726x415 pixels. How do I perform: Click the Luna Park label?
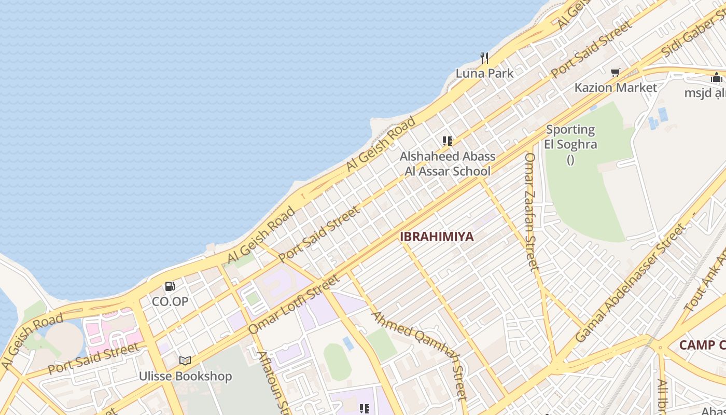[x=484, y=73]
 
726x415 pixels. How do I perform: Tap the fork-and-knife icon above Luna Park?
[x=484, y=58]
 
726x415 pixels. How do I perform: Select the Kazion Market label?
[x=616, y=87]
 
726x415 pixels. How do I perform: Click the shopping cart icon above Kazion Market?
[x=616, y=73]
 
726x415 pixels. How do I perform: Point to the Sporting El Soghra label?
[x=570, y=137]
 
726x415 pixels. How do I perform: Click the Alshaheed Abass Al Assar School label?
[x=448, y=163]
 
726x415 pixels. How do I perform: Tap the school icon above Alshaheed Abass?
[x=448, y=141]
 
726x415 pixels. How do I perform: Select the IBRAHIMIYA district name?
[x=437, y=237]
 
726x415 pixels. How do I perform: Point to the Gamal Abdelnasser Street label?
[x=630, y=283]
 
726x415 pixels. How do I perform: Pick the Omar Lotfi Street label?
[x=294, y=304]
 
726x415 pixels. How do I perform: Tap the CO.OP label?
[x=170, y=301]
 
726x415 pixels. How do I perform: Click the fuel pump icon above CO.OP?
[x=170, y=286]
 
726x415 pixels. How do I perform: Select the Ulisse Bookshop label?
[x=185, y=376]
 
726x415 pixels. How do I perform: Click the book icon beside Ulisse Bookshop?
[x=185, y=361]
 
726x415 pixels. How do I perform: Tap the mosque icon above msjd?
[x=717, y=78]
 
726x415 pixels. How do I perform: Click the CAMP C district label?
[x=702, y=345]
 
